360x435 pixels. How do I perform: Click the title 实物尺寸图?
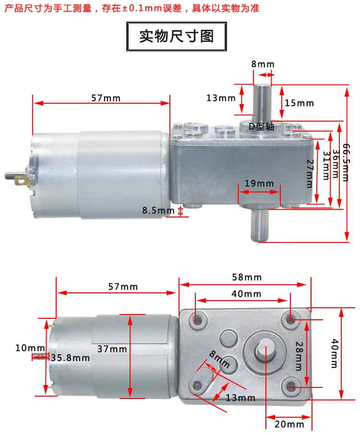[176, 36]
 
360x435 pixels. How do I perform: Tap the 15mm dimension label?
[299, 103]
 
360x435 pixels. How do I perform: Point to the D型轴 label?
[261, 127]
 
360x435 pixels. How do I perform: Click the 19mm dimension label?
[259, 183]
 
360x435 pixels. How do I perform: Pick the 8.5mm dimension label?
[158, 210]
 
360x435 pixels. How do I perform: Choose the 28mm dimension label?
[298, 356]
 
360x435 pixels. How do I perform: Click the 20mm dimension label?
[289, 424]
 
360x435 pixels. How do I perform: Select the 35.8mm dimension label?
[71, 358]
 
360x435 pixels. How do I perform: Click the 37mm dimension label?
[112, 349]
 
